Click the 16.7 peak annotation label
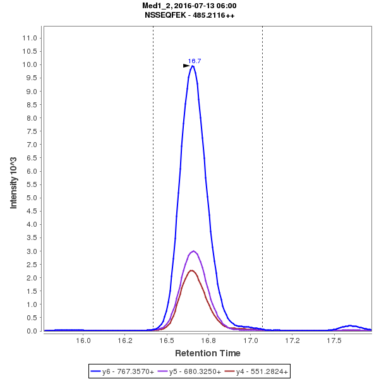click(x=195, y=61)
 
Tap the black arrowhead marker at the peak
click(x=186, y=65)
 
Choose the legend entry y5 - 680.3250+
click(x=189, y=372)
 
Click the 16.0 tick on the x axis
click(x=83, y=340)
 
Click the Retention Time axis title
click(x=207, y=352)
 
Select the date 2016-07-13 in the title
click(x=195, y=6)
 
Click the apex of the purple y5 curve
click(x=193, y=251)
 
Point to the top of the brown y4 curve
click(x=191, y=270)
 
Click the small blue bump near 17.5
click(x=349, y=326)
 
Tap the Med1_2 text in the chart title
click(x=156, y=6)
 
